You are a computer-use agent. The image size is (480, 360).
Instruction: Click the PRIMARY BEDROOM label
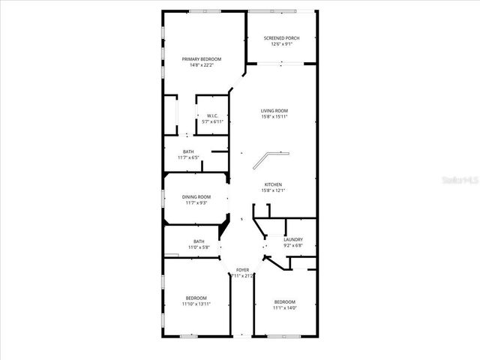(x=198, y=58)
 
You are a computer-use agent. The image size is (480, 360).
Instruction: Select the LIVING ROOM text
(x=274, y=110)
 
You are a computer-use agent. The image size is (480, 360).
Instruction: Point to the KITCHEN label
(x=272, y=184)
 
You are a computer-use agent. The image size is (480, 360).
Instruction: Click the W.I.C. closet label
(x=212, y=115)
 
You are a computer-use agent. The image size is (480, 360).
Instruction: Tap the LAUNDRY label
(x=293, y=239)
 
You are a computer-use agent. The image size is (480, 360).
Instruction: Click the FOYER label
(x=242, y=269)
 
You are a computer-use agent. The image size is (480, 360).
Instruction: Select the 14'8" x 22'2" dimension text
(x=198, y=65)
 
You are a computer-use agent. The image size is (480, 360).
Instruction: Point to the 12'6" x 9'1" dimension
(x=281, y=43)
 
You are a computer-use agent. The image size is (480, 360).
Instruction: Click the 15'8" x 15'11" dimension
(x=274, y=116)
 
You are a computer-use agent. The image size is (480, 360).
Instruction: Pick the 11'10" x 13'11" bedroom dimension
(x=196, y=304)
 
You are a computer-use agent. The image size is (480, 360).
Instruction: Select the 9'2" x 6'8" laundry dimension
(x=293, y=245)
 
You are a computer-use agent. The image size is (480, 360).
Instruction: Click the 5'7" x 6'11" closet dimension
(x=213, y=121)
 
